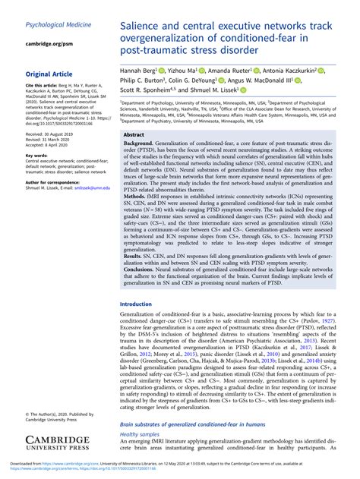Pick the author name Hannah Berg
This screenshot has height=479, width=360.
142,71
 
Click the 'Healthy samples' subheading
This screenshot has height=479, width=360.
141,434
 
